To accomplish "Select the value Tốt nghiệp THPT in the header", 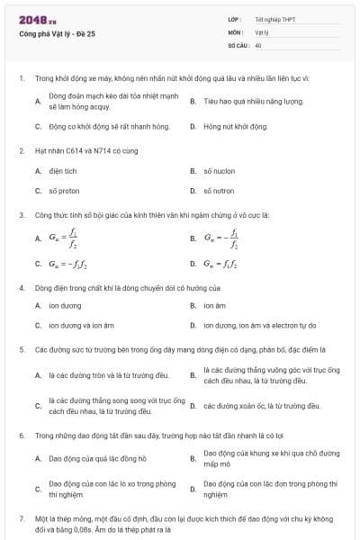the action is click(274, 20).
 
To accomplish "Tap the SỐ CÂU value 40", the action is click(258, 44).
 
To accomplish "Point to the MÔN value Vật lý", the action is click(262, 31).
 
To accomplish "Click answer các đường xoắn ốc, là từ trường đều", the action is click(262, 406).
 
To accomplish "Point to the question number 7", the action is click(22, 519).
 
